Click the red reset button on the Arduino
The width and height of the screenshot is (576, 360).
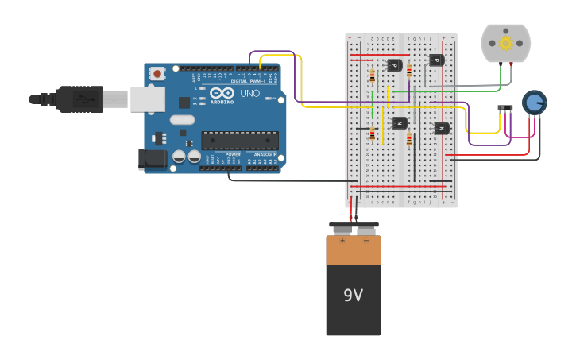tap(157, 74)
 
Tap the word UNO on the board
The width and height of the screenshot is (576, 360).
tap(249, 93)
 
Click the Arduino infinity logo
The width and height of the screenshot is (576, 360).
tap(222, 93)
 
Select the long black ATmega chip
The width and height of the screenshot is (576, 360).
tap(239, 141)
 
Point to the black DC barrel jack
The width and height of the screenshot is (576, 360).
tap(153, 159)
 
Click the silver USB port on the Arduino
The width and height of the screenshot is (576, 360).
tap(148, 99)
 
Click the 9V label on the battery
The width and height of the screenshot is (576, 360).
tap(353, 296)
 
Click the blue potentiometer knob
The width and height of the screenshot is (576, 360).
tap(534, 102)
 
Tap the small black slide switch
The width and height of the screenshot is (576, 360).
tap(504, 107)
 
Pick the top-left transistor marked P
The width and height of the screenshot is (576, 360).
tap(393, 65)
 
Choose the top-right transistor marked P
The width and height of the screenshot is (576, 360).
tap(435, 60)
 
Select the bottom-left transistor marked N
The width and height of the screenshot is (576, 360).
tap(399, 123)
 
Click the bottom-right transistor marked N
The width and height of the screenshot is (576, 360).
tap(441, 128)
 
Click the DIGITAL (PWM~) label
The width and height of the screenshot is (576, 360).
tap(247, 80)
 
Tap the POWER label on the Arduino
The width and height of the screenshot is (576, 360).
tap(233, 154)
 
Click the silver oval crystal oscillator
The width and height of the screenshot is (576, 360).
tap(181, 120)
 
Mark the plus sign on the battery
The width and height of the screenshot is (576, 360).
tap(342, 240)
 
